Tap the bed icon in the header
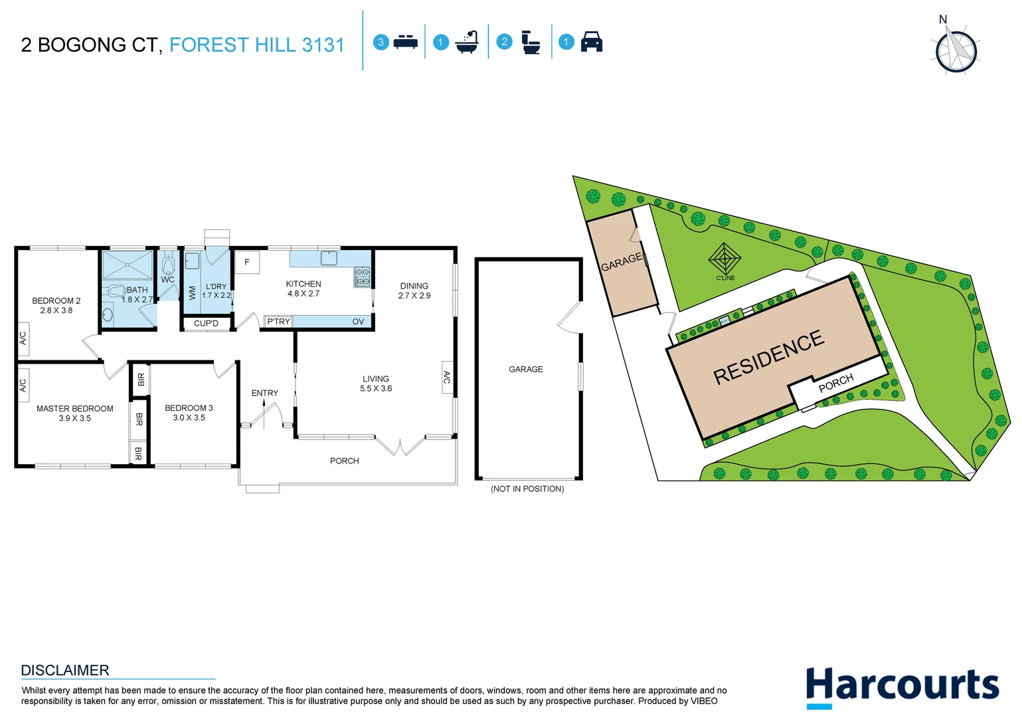(405, 43)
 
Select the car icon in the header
(591, 42)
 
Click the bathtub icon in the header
(467, 42)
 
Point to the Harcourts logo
(902, 687)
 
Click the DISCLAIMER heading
(65, 670)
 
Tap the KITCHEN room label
(303, 284)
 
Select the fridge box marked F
(247, 262)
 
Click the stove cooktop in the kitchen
(362, 277)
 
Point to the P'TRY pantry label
(278, 322)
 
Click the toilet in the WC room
(168, 265)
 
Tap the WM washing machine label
(193, 293)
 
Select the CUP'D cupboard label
(206, 324)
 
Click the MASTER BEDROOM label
(74, 409)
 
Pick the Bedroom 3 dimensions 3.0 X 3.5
(189, 418)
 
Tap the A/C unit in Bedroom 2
(23, 338)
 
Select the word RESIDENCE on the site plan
(768, 357)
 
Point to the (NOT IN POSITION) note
(527, 489)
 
